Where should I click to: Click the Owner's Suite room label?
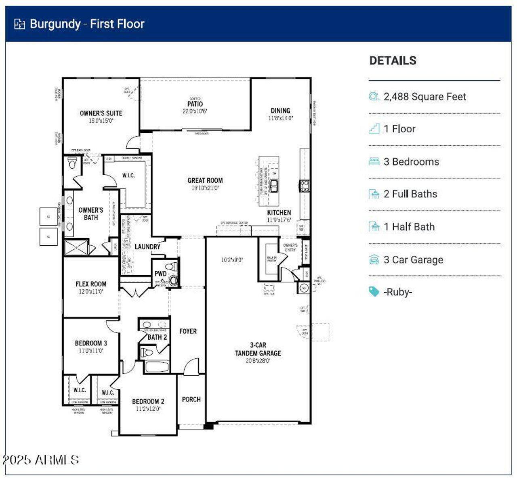(x=101, y=113)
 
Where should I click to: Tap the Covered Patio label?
(x=195, y=104)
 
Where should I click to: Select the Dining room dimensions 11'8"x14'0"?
(x=280, y=118)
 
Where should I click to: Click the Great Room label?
(x=205, y=180)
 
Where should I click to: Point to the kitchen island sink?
(x=274, y=186)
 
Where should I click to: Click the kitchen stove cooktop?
(x=304, y=186)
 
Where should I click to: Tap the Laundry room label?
(x=147, y=247)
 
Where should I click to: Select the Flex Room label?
(x=91, y=284)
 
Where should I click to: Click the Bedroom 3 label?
(x=91, y=343)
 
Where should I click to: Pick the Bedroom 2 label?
(x=148, y=402)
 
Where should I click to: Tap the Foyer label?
(x=188, y=331)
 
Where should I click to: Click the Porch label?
(x=191, y=399)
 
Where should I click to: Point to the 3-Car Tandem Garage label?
(x=258, y=349)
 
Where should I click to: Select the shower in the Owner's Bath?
(x=76, y=247)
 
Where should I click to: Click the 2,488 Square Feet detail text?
(x=425, y=97)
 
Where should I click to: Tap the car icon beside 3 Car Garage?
(x=374, y=260)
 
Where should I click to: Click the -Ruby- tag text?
(x=398, y=292)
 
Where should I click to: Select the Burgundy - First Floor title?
(x=87, y=24)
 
